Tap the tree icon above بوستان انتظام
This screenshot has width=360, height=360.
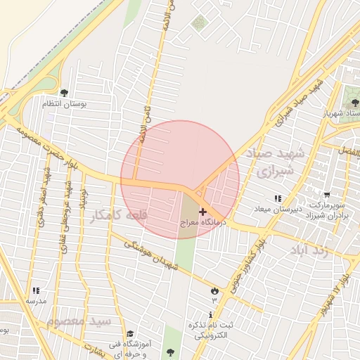point(65,92)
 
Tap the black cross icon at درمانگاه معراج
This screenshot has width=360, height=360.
point(202,211)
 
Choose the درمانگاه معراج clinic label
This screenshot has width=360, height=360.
point(202,221)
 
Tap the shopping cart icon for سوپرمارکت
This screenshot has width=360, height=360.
point(327,195)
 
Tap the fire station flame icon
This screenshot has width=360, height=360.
point(214,290)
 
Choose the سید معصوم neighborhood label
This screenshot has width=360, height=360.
point(79,321)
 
